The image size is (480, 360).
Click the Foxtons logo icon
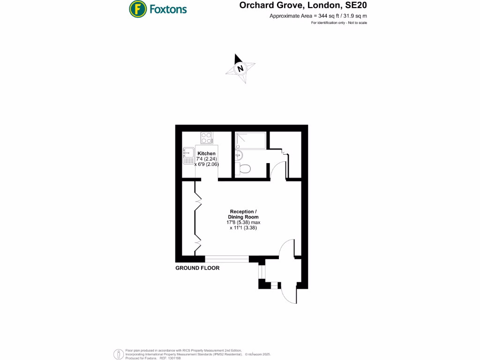(137, 8)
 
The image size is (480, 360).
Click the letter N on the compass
(241, 68)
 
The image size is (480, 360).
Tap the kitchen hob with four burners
(206, 138)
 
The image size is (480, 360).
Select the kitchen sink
(189, 156)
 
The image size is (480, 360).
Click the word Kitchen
(206, 154)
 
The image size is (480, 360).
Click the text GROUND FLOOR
(197, 268)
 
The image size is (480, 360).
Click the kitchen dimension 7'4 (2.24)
(206, 159)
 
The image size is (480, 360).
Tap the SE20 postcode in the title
(355, 6)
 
